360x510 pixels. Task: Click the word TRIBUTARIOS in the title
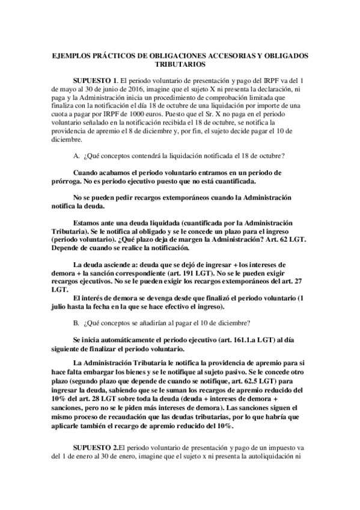pos(180,63)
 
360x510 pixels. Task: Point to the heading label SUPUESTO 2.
pos(95,447)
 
